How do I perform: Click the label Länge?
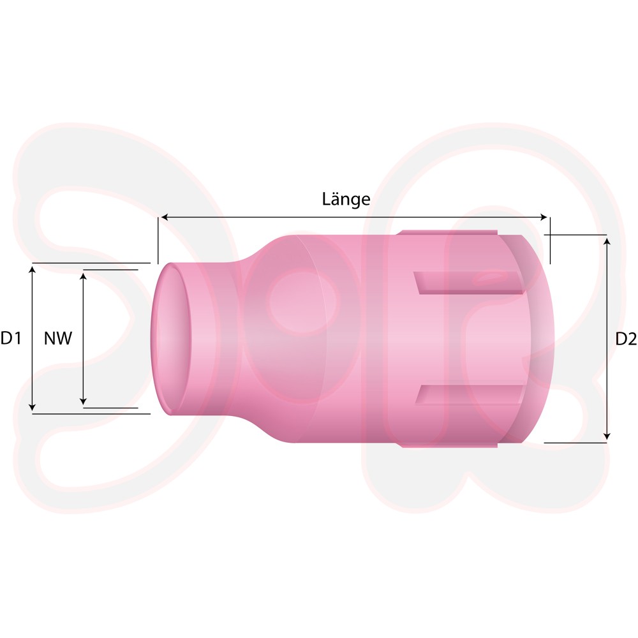346,199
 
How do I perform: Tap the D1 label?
11,338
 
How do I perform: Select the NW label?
58,338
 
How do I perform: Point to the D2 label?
626,339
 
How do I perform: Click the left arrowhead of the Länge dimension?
165,218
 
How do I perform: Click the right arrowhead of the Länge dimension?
544,218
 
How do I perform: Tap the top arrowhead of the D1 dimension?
33,270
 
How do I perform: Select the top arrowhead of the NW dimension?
83,276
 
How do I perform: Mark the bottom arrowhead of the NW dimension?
83,401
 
